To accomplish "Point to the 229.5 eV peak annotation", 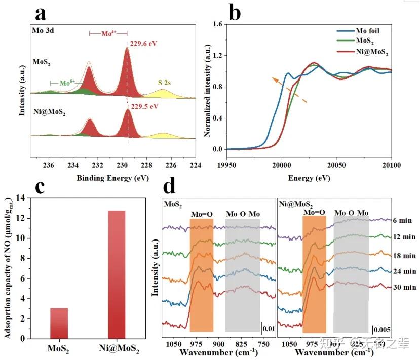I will click(x=143, y=107).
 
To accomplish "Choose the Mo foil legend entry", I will click(x=355, y=31).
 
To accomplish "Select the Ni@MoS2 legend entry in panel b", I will click(x=360, y=52).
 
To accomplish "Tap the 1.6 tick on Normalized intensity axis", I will click(x=218, y=24).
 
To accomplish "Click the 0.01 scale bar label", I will click(x=269, y=329).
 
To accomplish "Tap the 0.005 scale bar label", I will click(x=383, y=329).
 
